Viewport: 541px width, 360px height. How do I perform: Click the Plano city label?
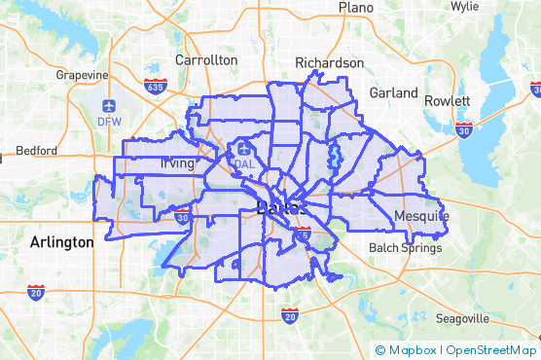[357, 8]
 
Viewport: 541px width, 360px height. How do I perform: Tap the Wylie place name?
[464, 6]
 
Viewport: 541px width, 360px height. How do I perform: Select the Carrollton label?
[206, 59]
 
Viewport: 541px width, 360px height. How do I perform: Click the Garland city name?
[392, 92]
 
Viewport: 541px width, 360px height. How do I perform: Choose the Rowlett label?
[448, 101]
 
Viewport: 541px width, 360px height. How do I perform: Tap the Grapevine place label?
[82, 75]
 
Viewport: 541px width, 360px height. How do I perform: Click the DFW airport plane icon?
[108, 105]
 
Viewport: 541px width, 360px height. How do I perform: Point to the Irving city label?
[177, 163]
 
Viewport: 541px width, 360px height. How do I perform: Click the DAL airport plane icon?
[243, 149]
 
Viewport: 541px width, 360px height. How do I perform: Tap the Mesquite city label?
[422, 214]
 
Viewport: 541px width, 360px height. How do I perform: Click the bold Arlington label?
[61, 241]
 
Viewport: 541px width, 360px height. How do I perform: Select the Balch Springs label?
[405, 248]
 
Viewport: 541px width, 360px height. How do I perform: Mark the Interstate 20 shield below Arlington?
[36, 291]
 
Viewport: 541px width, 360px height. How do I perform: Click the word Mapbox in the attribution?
[413, 350]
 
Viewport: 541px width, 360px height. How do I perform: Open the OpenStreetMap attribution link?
[491, 350]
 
